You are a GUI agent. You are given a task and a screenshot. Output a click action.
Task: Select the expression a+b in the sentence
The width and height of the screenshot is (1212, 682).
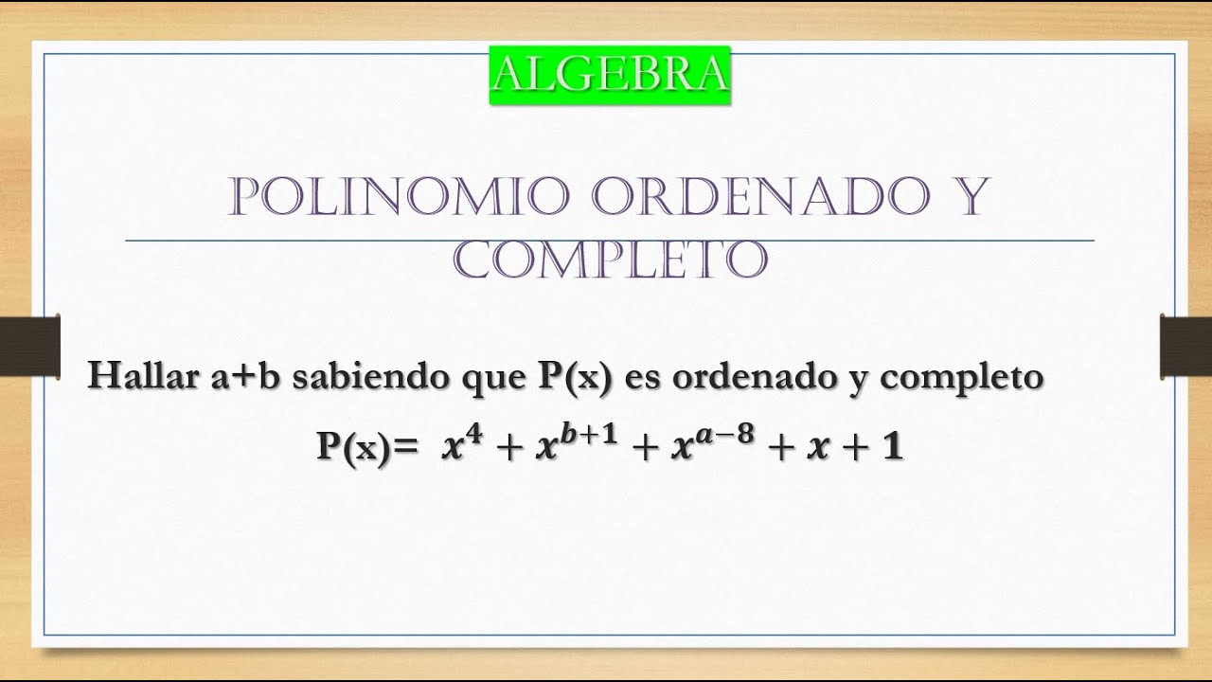pyautogui.click(x=248, y=377)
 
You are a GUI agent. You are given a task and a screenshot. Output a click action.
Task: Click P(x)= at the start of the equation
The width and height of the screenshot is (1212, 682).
pyautogui.click(x=367, y=448)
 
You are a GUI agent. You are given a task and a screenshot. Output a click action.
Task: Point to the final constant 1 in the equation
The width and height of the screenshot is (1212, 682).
pyautogui.click(x=891, y=448)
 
